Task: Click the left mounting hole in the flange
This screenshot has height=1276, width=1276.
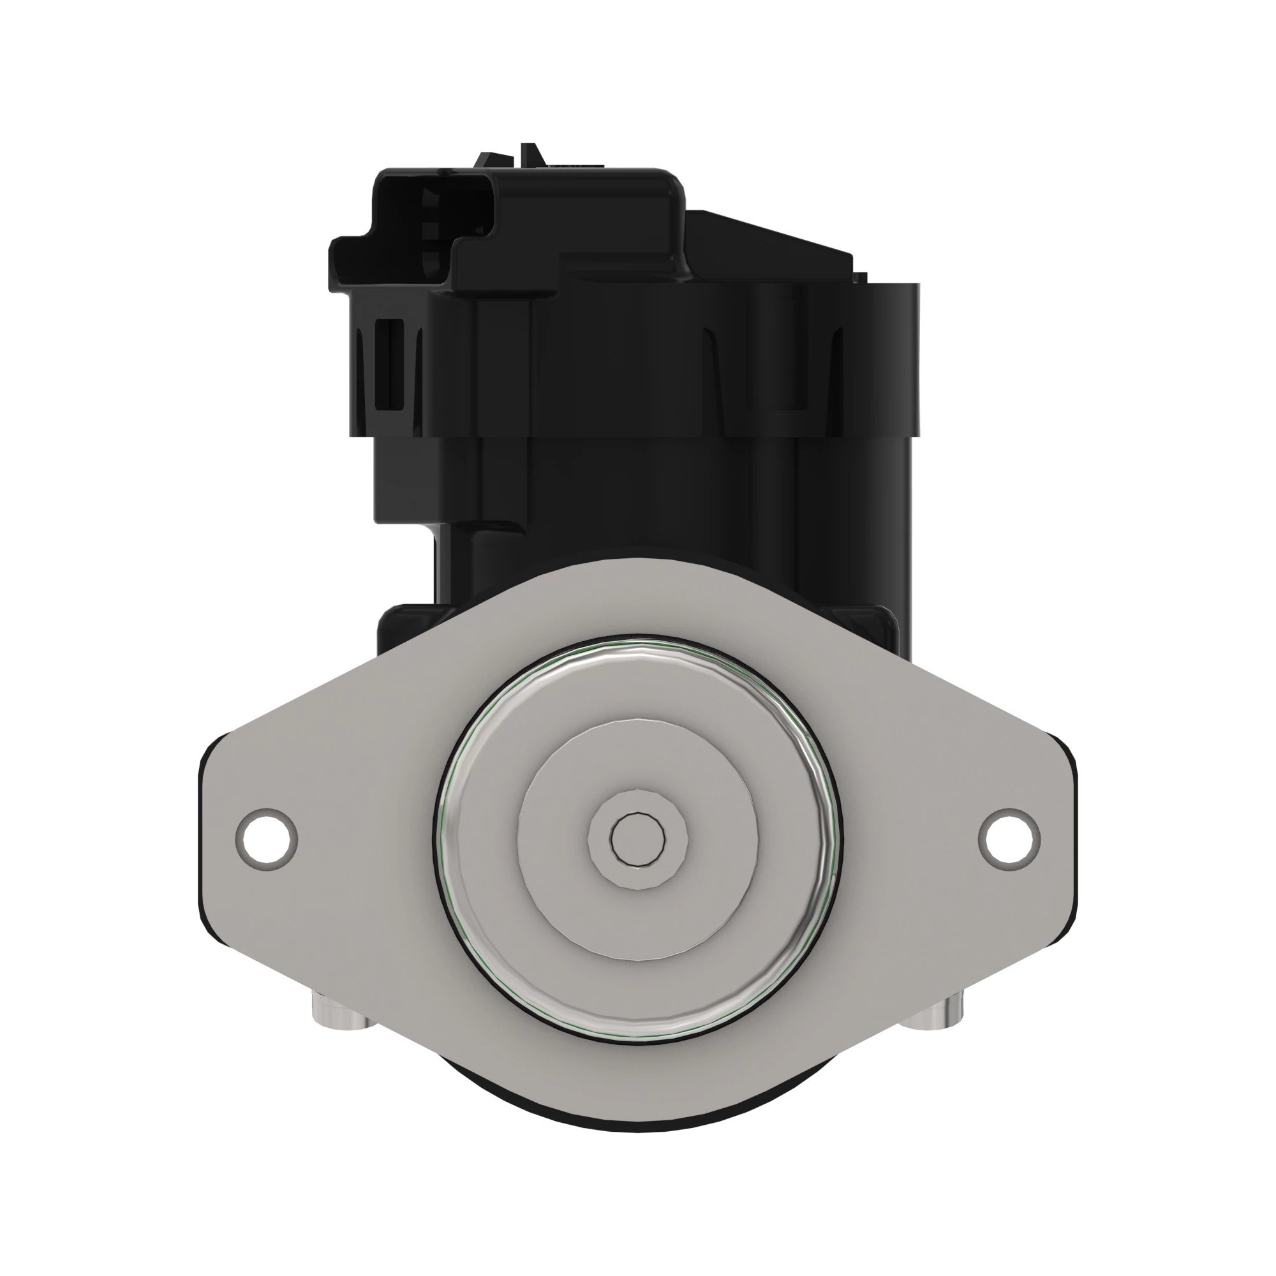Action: (x=265, y=838)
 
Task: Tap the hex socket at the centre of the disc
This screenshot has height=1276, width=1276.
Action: (x=637, y=838)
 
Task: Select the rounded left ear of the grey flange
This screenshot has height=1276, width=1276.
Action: (x=225, y=839)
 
